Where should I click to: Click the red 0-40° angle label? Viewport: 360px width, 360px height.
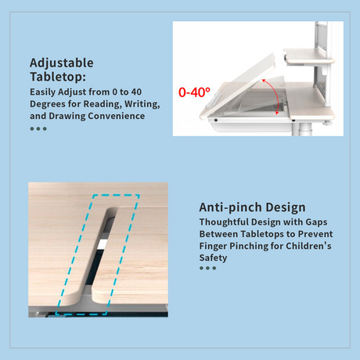(194, 92)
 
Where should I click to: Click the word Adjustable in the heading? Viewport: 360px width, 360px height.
(62, 63)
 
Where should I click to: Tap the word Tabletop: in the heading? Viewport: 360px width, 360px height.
(58, 77)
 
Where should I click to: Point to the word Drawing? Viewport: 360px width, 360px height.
(67, 116)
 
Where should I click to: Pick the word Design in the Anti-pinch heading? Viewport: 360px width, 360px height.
(286, 207)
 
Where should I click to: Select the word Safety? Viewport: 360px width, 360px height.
(213, 258)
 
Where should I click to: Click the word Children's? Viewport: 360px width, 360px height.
(308, 246)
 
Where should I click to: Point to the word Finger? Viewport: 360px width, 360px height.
(213, 247)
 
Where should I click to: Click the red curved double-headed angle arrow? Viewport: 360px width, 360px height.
(273, 96)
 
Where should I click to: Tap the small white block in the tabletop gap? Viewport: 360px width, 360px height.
(102, 244)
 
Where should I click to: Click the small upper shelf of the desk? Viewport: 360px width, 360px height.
(309, 56)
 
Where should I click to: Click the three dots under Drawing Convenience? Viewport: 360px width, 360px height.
(38, 128)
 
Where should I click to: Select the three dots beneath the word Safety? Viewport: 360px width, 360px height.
(207, 268)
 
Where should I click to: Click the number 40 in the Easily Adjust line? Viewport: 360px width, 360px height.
(136, 92)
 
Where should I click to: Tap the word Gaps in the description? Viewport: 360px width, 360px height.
(316, 222)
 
